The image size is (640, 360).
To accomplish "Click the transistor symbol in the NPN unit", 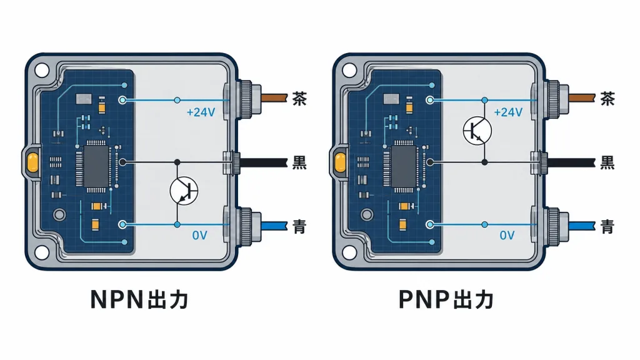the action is point(184,191).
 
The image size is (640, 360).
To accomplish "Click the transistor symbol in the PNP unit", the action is point(477,131).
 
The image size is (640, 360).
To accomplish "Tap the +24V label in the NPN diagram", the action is point(201,112).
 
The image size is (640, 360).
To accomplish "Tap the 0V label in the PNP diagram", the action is point(507,235).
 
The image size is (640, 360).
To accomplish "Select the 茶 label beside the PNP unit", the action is point(607,99).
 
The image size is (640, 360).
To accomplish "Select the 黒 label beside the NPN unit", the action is point(299,162).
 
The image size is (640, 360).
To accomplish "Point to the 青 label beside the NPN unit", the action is point(299,226).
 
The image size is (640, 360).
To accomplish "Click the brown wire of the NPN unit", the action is point(274,98).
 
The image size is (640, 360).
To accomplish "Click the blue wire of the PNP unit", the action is point(582,226).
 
